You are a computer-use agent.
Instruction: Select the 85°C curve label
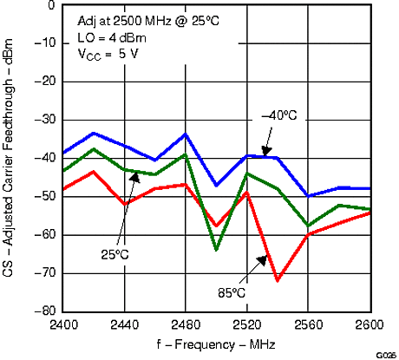232,291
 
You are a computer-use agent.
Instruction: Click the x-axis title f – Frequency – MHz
215,344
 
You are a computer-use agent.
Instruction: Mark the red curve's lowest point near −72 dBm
278,280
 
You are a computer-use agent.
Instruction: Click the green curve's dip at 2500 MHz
216,250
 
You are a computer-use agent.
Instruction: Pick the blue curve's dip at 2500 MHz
216,185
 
